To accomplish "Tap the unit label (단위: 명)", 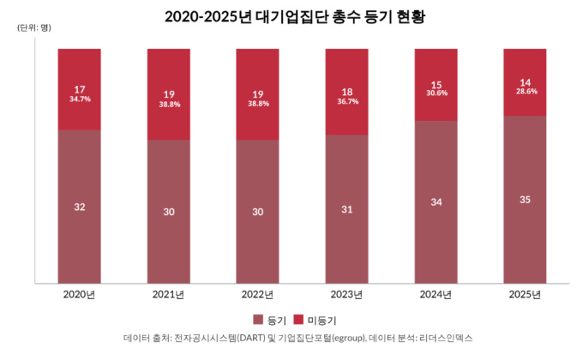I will click(x=33, y=27).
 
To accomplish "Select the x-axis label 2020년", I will click(x=80, y=296).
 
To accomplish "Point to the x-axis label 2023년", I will click(x=346, y=296).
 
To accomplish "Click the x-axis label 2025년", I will click(x=525, y=296).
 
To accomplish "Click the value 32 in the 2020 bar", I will click(x=80, y=207).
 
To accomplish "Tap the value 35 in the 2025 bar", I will click(x=525, y=200).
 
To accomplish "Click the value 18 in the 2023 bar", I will click(x=346, y=92).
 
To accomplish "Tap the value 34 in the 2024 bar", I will click(x=436, y=201).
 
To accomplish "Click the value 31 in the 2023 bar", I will click(x=346, y=208).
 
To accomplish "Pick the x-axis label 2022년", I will click(x=257, y=296).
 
